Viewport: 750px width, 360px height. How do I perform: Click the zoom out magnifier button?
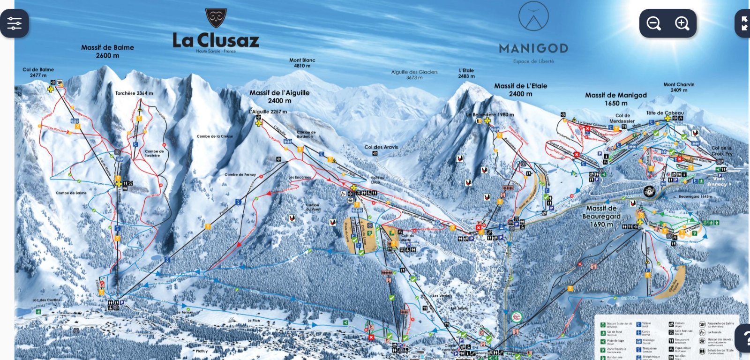[653, 23]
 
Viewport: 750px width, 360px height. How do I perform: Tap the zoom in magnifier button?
[682, 23]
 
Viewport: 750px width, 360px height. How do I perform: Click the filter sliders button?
[15, 23]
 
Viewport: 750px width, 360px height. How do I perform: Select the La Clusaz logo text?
[216, 40]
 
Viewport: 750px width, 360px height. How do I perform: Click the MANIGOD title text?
[533, 48]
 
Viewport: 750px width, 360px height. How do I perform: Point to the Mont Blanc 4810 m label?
[302, 63]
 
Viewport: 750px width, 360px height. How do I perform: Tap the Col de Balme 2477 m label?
[38, 72]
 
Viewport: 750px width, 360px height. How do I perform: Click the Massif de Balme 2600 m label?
[107, 51]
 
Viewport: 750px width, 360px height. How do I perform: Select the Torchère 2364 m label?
[134, 93]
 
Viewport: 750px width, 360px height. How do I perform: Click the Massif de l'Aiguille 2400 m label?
[279, 97]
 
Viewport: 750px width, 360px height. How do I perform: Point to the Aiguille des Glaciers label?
[414, 75]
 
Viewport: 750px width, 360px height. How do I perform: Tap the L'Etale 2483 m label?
[466, 73]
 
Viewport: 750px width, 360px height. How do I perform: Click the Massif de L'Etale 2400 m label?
[520, 90]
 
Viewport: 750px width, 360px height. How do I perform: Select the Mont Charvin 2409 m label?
[679, 87]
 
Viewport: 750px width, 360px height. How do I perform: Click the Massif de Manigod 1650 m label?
[616, 99]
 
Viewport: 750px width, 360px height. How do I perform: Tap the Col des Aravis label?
[381, 147]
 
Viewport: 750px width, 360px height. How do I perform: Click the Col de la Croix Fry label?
[721, 151]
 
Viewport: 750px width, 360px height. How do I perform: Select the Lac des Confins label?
[46, 300]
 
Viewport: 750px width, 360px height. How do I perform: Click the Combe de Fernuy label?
[240, 174]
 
